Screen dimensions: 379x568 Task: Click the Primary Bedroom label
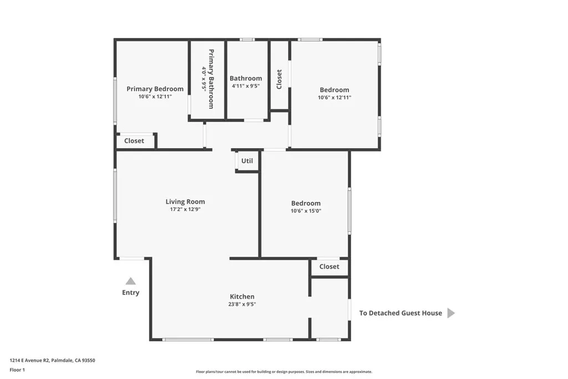tap(155, 89)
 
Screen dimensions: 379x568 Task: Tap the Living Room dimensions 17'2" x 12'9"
tap(185, 210)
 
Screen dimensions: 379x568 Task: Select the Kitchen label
tap(242, 297)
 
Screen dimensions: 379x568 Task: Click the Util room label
tap(247, 161)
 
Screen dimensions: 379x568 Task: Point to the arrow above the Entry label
tap(130, 281)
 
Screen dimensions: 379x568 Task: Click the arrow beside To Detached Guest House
tap(451, 313)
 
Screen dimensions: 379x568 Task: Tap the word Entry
tap(131, 292)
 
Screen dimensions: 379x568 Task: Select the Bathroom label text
tap(246, 78)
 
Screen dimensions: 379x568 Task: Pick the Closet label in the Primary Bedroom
tap(134, 141)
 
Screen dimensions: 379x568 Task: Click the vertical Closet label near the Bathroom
tap(279, 78)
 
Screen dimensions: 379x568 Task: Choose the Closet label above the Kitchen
tap(329, 267)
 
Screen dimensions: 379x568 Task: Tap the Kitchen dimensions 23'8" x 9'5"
tap(242, 304)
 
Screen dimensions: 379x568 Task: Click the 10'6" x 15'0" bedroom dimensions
tap(306, 211)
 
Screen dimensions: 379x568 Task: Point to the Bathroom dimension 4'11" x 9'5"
tap(246, 86)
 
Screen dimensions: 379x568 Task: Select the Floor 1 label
tap(17, 370)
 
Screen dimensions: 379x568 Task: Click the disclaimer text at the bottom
tap(284, 372)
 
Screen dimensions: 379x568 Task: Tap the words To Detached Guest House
tap(400, 313)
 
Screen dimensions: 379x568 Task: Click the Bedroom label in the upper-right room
tap(334, 90)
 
